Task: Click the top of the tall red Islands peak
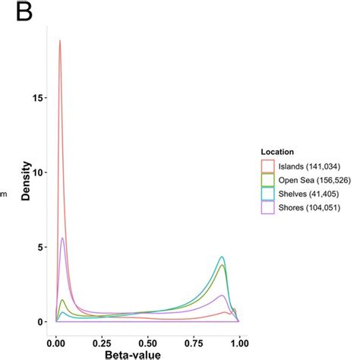59,41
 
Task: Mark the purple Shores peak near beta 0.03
62,238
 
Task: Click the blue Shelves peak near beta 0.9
222,257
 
